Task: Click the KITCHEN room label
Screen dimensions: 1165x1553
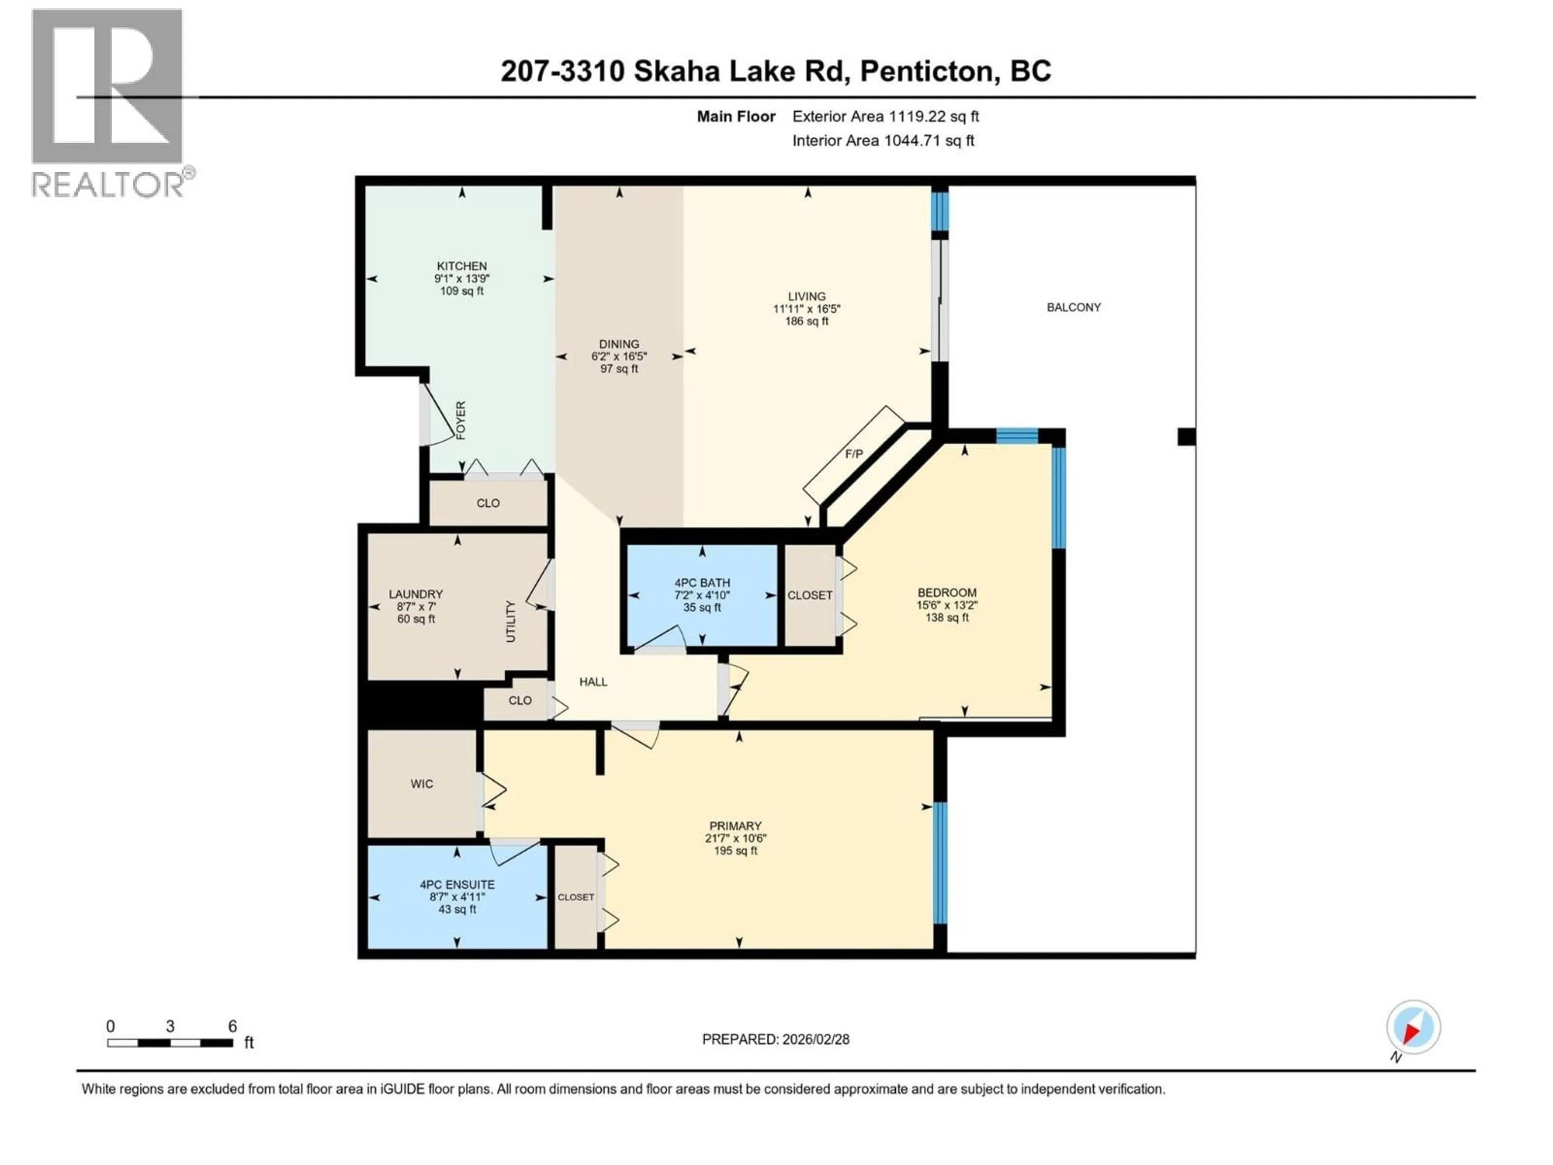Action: (461, 266)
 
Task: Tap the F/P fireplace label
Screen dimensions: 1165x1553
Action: (854, 454)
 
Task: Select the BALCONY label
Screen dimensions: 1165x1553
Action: (1073, 307)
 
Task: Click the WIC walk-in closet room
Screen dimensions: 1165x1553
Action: (422, 784)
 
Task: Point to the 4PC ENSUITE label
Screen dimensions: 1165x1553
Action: (457, 884)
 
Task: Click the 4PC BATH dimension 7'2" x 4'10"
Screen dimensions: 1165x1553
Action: (702, 595)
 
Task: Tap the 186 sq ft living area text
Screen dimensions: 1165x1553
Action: (807, 321)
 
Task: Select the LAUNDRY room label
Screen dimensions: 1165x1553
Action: (416, 594)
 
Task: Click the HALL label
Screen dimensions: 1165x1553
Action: (593, 682)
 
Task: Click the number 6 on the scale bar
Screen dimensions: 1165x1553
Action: (233, 1026)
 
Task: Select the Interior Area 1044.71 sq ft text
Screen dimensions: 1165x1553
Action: (882, 140)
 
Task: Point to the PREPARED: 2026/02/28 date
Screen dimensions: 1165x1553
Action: (775, 1039)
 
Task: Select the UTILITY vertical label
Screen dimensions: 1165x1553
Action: (510, 621)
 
